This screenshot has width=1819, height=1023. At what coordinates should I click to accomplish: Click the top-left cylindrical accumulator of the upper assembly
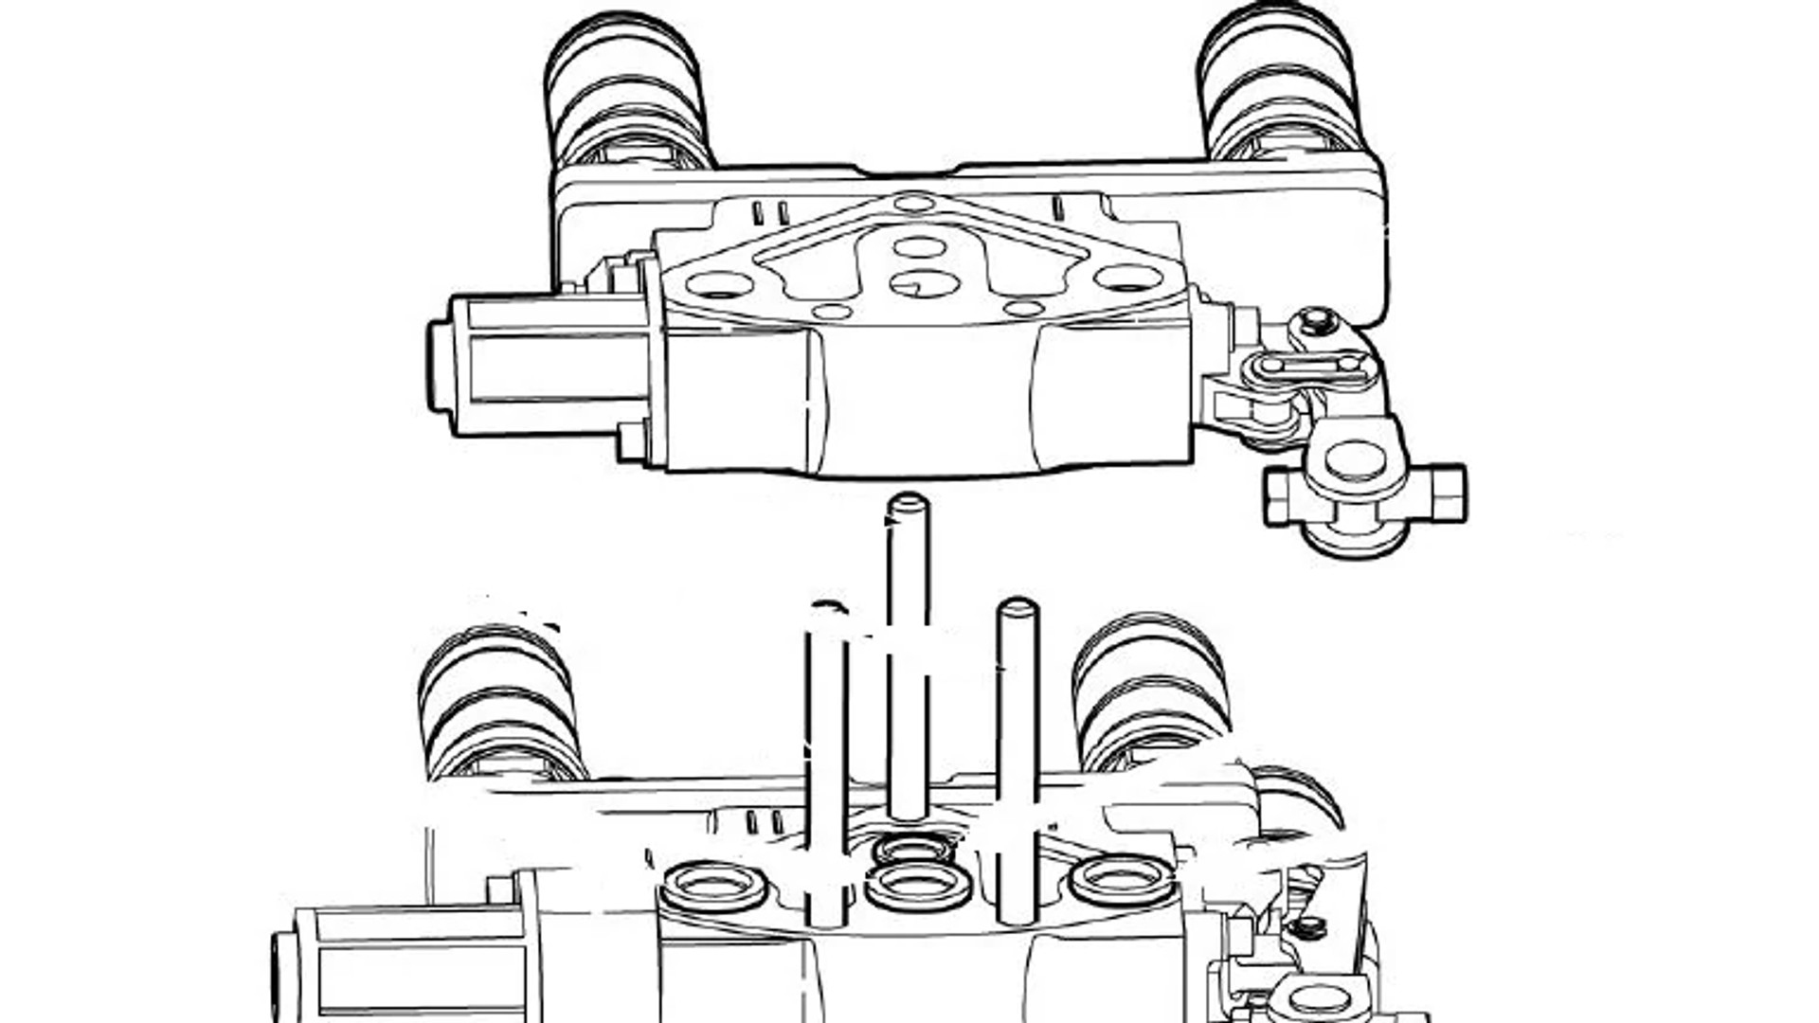[x=625, y=90]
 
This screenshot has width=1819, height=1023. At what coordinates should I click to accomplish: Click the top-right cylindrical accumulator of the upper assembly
[x=1279, y=85]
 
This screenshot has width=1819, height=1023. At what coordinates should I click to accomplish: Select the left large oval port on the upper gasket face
[x=719, y=283]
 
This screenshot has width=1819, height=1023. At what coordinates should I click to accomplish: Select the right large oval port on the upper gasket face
[x=1127, y=278]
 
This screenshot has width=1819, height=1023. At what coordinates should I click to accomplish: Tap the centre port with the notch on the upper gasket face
[x=925, y=282]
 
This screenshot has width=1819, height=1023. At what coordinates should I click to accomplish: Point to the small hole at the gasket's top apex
[x=914, y=203]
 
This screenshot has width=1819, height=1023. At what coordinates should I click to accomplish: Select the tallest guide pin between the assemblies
[x=909, y=654]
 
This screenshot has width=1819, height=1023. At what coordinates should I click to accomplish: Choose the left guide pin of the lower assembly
[x=827, y=767]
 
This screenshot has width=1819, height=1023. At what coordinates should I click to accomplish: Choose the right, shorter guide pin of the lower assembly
[x=1018, y=758]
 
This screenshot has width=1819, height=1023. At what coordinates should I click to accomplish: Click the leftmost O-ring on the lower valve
[x=713, y=887]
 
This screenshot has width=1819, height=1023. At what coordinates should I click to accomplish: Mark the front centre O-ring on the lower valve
[x=918, y=887]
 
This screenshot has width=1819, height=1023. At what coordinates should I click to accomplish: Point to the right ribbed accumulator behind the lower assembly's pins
[x=1151, y=691]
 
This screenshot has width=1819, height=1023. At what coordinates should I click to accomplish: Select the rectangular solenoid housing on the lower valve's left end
[x=417, y=961]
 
